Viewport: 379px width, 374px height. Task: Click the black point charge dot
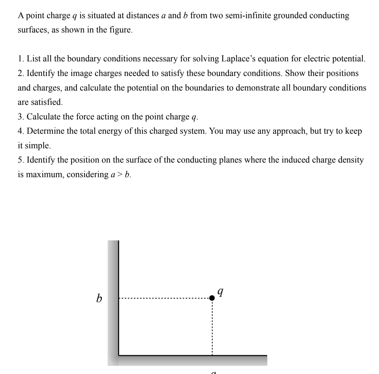(212, 298)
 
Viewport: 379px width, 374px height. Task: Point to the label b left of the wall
(99, 299)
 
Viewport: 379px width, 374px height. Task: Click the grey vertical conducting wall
(113, 297)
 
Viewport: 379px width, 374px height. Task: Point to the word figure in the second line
(121, 30)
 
